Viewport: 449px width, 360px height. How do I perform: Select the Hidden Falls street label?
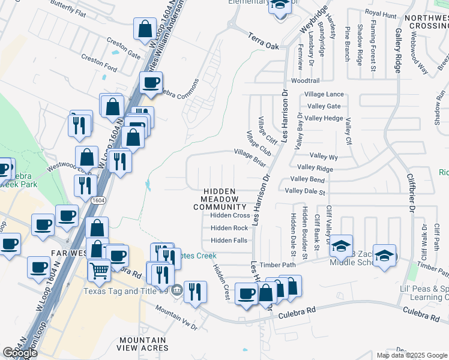[229, 241]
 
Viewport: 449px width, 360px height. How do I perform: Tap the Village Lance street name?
[324, 94]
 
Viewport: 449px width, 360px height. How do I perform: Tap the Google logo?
[20, 353]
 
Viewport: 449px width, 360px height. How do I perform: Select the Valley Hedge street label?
[324, 118]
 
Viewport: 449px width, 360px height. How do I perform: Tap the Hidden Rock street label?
[229, 228]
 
